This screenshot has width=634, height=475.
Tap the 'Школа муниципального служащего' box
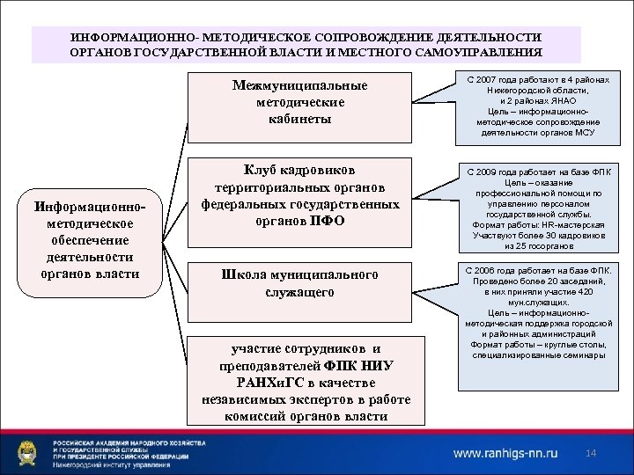click(300, 283)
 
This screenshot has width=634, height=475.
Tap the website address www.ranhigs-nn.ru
click(505, 454)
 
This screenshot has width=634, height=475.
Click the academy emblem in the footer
click(30, 453)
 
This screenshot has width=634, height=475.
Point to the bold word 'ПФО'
click(327, 220)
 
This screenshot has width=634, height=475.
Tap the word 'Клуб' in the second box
click(262, 170)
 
